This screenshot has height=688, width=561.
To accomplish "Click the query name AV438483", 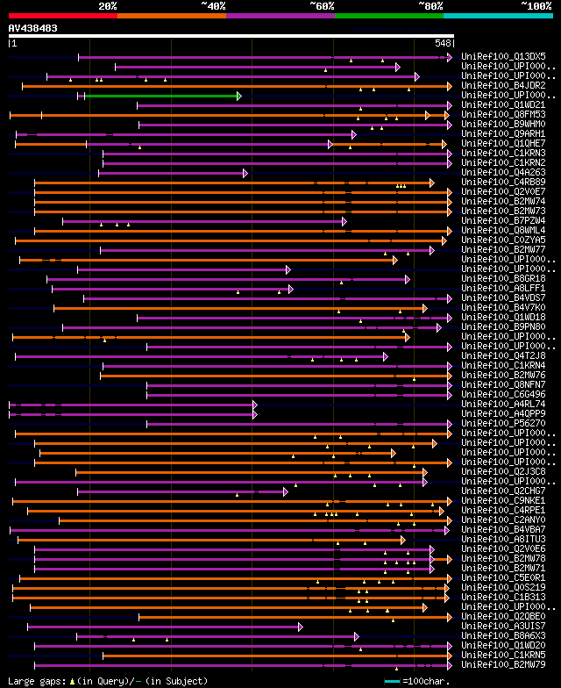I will click(33, 28).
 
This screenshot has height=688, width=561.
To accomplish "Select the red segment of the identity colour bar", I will click(62, 16).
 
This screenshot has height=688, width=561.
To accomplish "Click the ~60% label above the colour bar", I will click(322, 6).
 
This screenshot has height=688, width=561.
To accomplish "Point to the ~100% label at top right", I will click(536, 6).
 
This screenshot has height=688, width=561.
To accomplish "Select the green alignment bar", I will click(161, 96).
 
